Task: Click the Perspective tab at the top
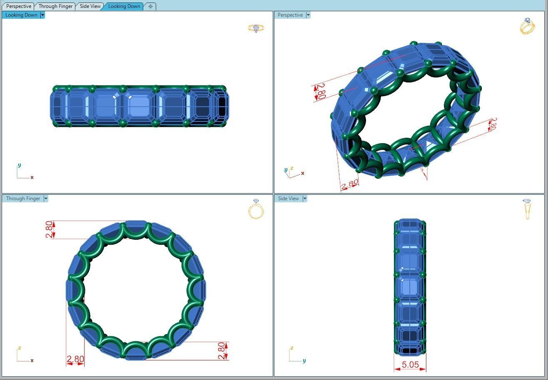tap(19, 6)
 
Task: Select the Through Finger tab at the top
tap(55, 6)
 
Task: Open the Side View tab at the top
tap(90, 6)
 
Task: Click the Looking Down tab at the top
tap(124, 6)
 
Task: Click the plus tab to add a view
tap(150, 6)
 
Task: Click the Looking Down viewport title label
tap(21, 15)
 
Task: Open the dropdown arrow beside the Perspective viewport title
tap(308, 15)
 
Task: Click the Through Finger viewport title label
tap(23, 199)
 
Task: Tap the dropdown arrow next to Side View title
tap(305, 199)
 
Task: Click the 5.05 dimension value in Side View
tap(410, 365)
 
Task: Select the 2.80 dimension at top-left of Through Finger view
tap(50, 229)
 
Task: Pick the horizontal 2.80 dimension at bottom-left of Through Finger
tap(75, 359)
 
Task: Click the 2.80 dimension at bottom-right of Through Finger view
tap(222, 350)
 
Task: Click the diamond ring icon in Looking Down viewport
tap(256, 28)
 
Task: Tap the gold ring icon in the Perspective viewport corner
tap(527, 26)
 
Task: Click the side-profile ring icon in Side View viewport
tap(527, 209)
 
